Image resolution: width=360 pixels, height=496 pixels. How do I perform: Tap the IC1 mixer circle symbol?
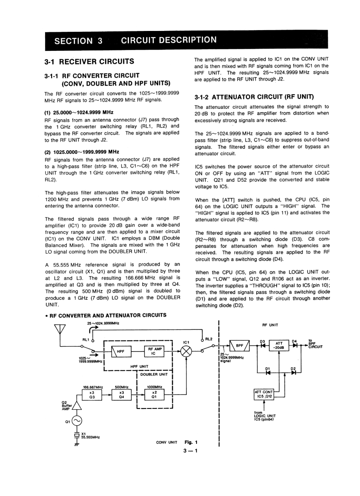tap(187, 352)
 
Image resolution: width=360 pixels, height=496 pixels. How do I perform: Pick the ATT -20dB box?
tap(279, 345)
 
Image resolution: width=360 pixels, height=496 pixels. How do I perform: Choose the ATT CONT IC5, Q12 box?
tap(265, 394)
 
